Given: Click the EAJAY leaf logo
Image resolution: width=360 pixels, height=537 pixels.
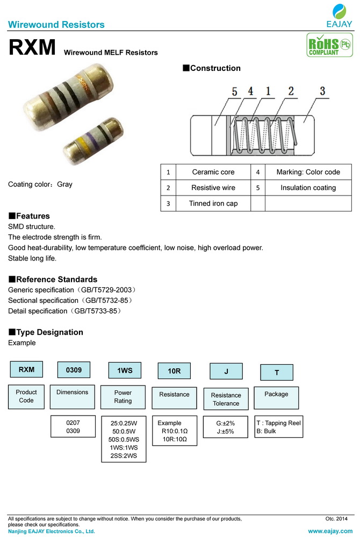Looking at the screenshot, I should point(339,12).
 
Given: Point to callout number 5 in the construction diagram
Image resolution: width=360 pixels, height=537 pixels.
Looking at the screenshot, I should point(234,92).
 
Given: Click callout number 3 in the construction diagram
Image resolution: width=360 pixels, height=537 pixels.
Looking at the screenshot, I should point(323,91).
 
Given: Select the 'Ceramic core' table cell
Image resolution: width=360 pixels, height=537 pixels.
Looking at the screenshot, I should point(213,172).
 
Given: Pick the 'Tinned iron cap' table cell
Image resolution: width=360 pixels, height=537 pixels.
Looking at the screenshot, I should point(213,204).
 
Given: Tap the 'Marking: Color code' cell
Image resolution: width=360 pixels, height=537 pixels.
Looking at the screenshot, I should point(308,172).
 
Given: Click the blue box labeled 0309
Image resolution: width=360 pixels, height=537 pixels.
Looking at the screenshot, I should point(74,370).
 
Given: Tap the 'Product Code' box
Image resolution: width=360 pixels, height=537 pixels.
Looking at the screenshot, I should point(26,396).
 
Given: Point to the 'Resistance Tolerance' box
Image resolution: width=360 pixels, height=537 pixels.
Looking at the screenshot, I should point(226,399).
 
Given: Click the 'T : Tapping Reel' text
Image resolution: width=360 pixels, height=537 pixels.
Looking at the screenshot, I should point(278,423).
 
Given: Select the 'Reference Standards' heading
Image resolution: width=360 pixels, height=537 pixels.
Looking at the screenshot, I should point(53,279).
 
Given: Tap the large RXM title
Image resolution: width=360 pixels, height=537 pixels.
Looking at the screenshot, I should point(32,47).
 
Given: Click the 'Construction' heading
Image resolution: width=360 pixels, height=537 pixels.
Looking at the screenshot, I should point(212,68).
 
